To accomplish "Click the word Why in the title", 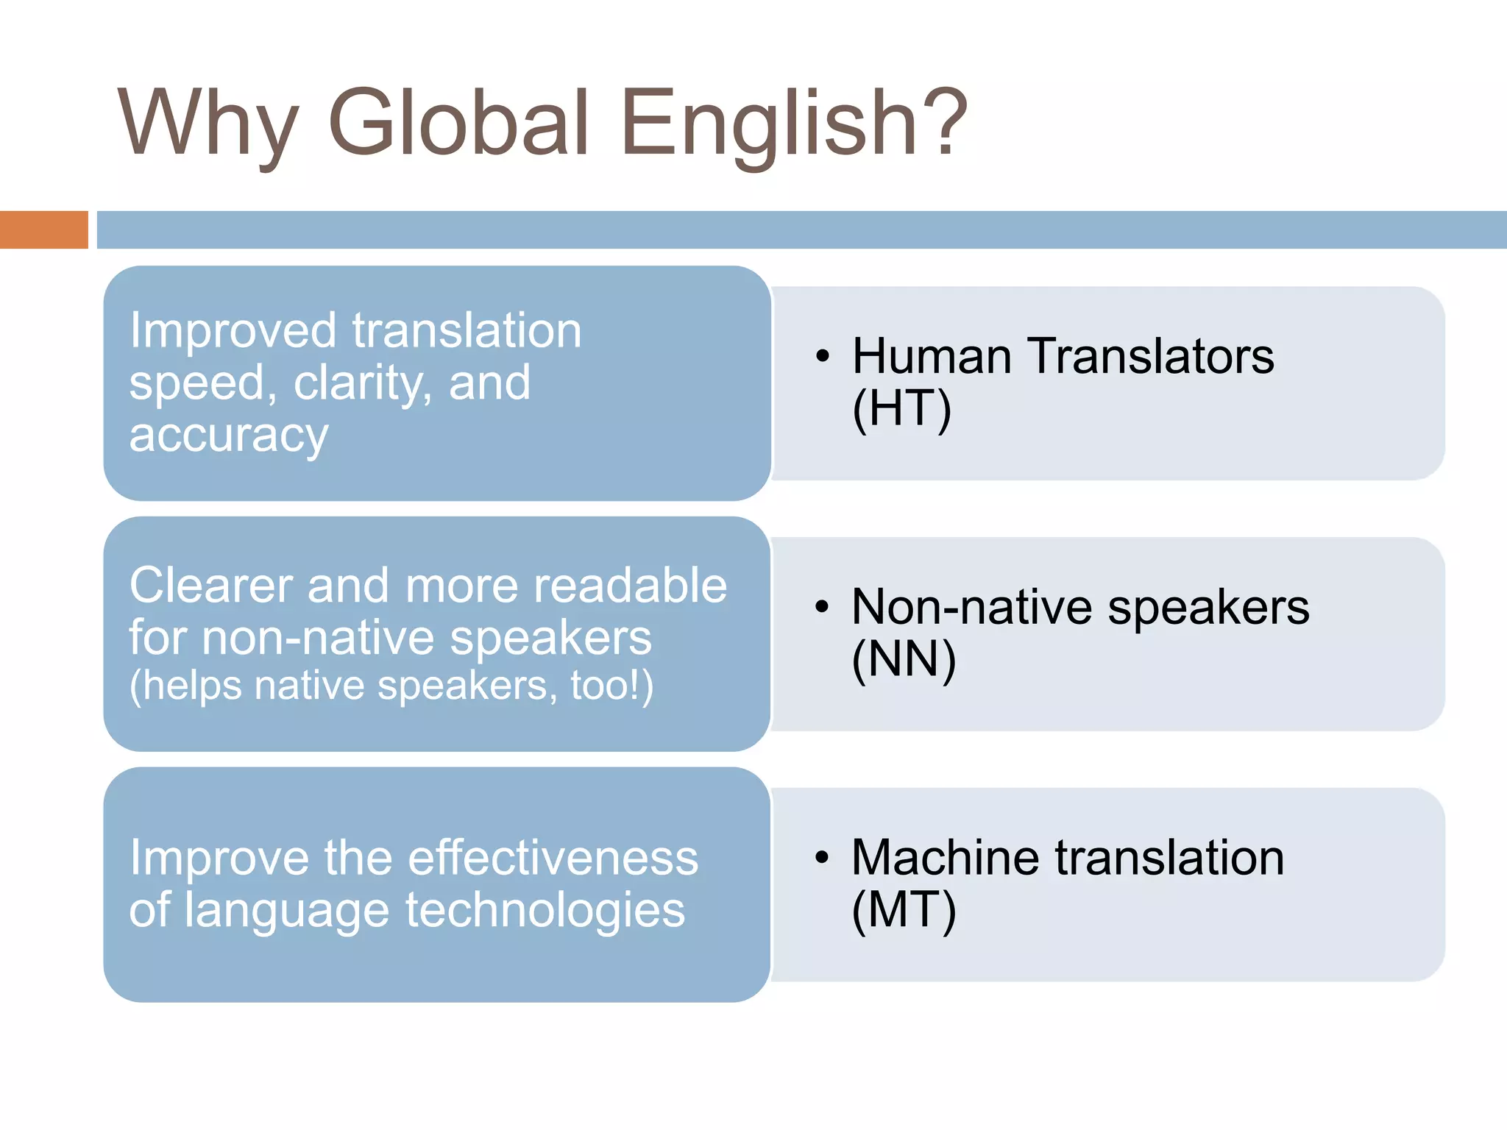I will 208,125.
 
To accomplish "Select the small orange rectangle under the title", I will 43,230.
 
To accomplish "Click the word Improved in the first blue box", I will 233,332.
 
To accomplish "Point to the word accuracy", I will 229,436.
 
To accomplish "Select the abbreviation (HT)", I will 901,409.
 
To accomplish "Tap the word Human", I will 932,357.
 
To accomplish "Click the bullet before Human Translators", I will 823,358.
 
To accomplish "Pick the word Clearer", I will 210,586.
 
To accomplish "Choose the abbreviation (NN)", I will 904,660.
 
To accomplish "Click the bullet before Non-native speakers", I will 822,608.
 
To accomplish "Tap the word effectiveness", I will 553,858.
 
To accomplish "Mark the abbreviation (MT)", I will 904,911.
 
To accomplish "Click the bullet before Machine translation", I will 822,858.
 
